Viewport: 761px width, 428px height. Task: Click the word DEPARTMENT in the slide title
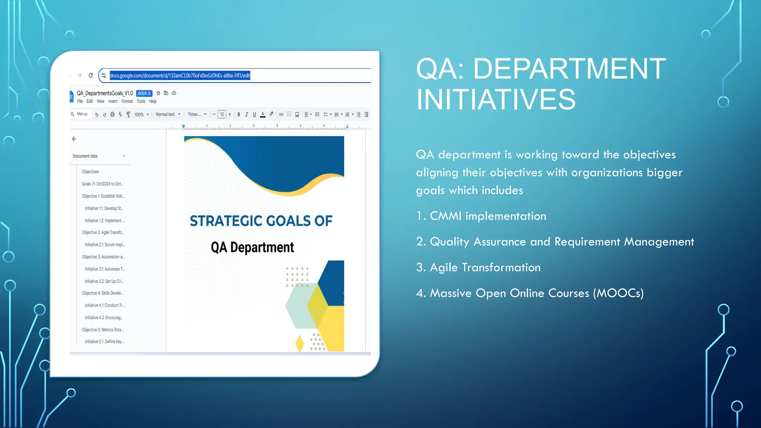click(x=569, y=69)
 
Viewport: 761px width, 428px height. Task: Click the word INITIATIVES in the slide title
click(x=496, y=100)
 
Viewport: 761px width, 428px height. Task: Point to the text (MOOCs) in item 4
click(x=618, y=293)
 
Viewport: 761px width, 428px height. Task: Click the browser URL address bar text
click(x=180, y=75)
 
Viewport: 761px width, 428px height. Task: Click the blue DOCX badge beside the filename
click(x=144, y=93)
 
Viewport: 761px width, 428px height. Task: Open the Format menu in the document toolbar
click(x=127, y=101)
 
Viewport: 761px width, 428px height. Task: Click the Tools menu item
click(x=141, y=101)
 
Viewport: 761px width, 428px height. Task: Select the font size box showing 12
click(x=222, y=114)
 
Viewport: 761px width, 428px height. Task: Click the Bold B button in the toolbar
click(x=239, y=114)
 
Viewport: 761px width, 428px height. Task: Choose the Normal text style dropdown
click(x=168, y=114)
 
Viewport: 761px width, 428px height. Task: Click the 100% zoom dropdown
click(x=141, y=114)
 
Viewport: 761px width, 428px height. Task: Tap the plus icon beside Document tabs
click(x=124, y=156)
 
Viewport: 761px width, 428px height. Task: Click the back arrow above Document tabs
click(x=74, y=139)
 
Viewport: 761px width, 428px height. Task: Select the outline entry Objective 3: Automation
click(x=103, y=257)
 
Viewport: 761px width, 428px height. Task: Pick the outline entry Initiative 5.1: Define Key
click(x=104, y=341)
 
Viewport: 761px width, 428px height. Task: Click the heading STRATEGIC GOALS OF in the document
click(x=261, y=221)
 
